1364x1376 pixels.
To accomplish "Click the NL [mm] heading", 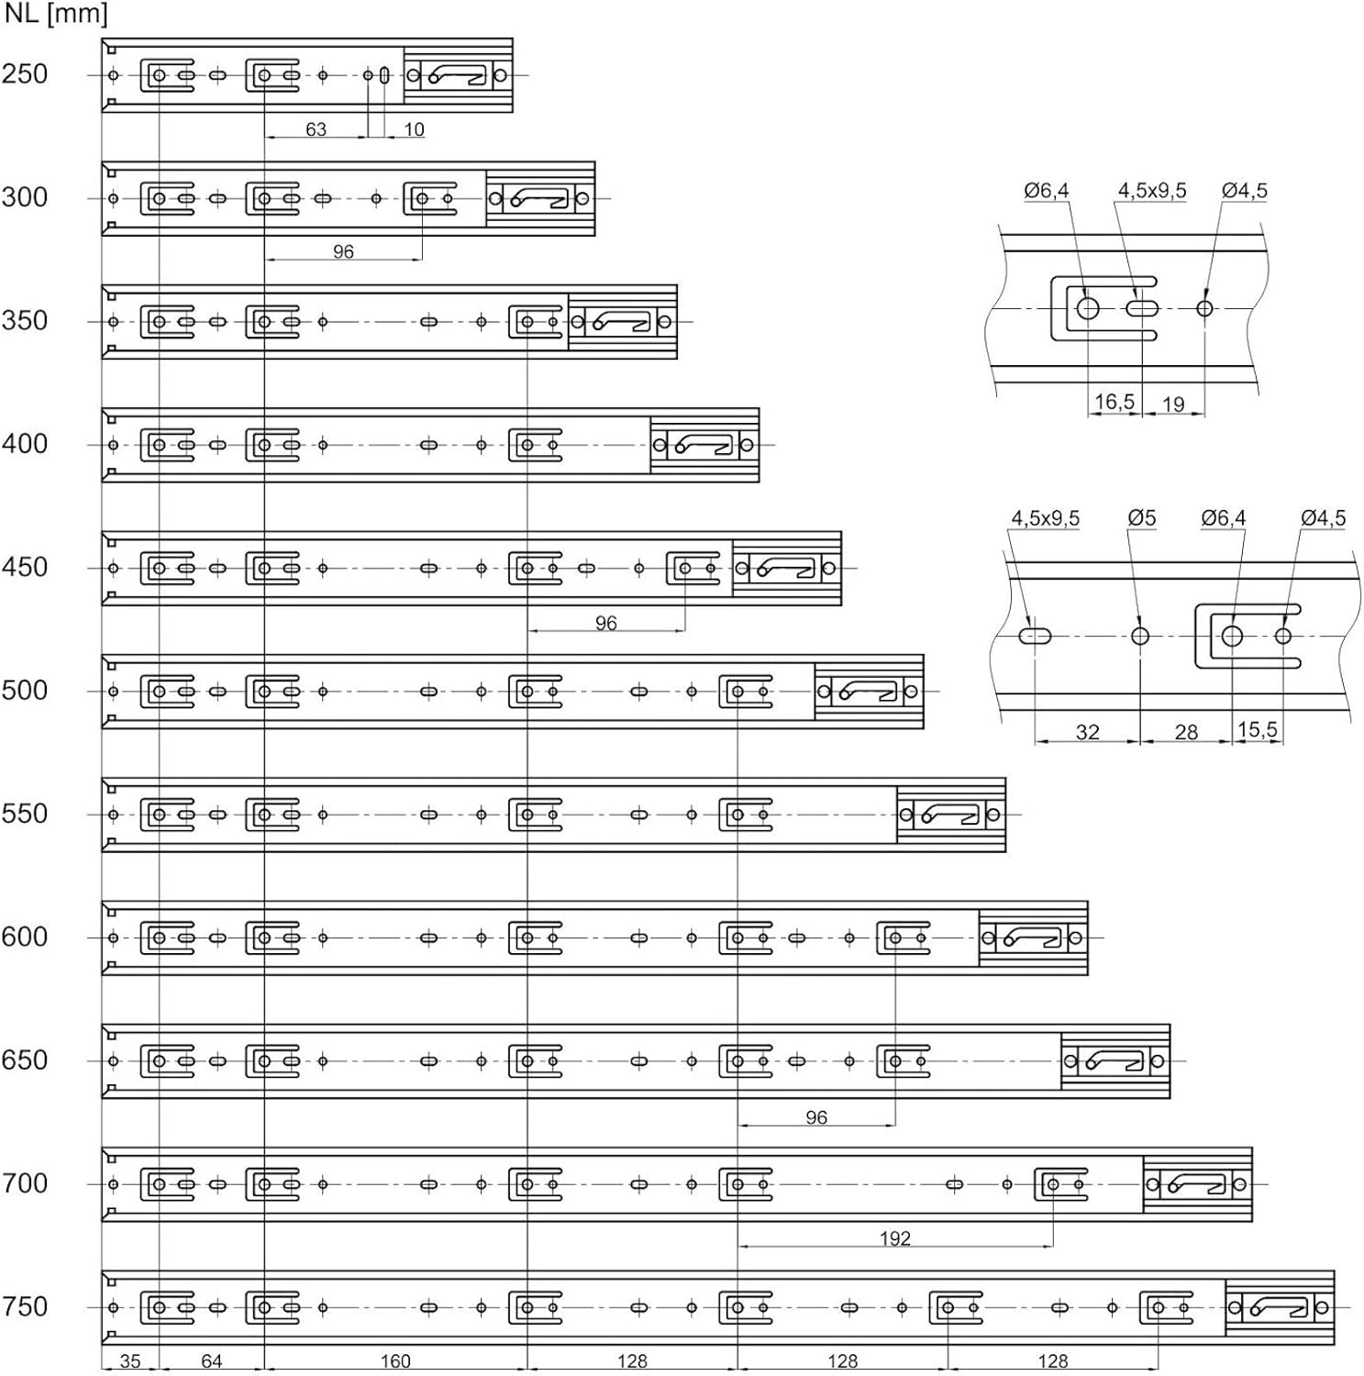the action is (x=56, y=15).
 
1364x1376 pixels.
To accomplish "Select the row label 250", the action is (x=25, y=73).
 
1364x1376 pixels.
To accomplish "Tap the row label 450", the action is (x=25, y=567).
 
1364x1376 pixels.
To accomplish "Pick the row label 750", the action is (x=25, y=1306).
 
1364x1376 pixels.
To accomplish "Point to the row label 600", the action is (x=25, y=937).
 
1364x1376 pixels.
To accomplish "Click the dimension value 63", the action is (x=316, y=129).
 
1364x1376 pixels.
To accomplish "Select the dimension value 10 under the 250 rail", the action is (x=415, y=129).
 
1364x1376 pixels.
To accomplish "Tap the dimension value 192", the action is (x=895, y=1238).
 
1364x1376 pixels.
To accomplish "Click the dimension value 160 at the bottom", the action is (x=395, y=1361).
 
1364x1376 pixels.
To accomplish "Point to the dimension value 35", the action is (x=130, y=1361).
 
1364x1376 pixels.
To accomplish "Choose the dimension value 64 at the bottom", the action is (x=212, y=1361).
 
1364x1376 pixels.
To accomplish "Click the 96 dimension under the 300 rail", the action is (x=343, y=251).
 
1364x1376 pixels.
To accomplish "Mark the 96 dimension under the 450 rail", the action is (x=606, y=623).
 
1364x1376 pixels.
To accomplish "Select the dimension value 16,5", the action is (x=1114, y=402).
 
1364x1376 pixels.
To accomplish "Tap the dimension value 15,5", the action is (x=1258, y=730).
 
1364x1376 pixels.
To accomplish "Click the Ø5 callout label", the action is (x=1142, y=517).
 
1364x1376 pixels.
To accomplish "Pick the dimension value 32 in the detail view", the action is (x=1088, y=732).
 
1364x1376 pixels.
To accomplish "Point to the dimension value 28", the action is (x=1187, y=732).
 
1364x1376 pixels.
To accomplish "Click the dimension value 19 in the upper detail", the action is (x=1173, y=404).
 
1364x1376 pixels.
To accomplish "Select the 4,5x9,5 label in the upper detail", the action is (x=1152, y=190).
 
